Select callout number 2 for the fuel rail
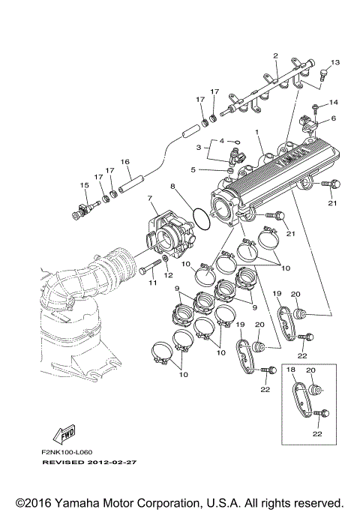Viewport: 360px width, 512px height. [x=275, y=56]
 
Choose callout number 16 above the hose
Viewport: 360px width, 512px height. [x=125, y=161]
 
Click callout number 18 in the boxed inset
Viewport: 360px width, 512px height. [x=290, y=370]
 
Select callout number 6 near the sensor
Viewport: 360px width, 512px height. [x=334, y=118]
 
